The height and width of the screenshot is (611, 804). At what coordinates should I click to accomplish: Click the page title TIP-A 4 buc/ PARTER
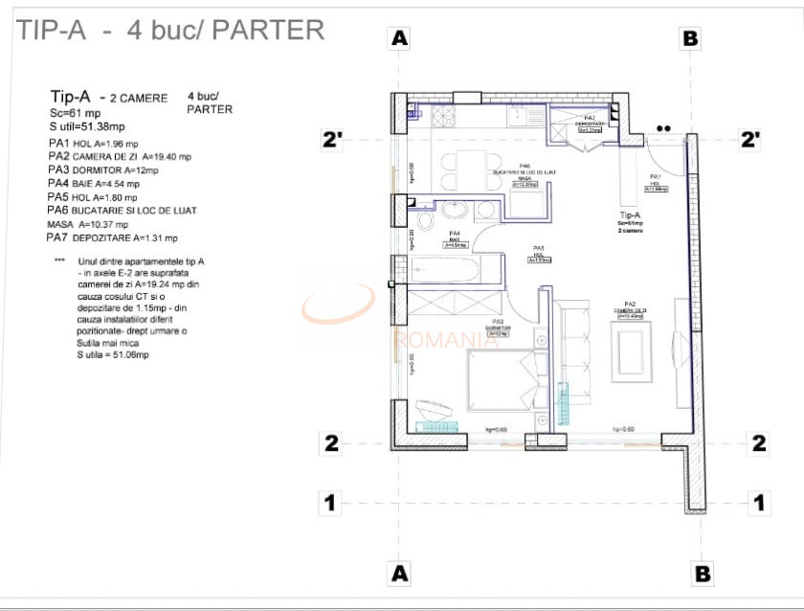pyautogui.click(x=170, y=30)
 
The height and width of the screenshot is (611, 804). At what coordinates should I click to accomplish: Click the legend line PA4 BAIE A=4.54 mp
pyautogui.click(x=94, y=183)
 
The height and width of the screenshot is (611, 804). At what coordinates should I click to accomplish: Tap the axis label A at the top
pyautogui.click(x=400, y=38)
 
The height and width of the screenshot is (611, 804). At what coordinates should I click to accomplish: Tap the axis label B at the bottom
pyautogui.click(x=702, y=573)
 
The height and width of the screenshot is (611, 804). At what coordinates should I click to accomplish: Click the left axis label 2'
pyautogui.click(x=332, y=140)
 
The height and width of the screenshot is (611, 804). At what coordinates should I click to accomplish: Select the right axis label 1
pyautogui.click(x=759, y=502)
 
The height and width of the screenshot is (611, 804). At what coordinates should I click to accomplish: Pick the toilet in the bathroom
pyautogui.click(x=456, y=210)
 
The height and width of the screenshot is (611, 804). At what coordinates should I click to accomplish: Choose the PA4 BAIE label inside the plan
pyautogui.click(x=456, y=238)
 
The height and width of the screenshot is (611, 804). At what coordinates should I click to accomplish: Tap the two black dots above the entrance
pyautogui.click(x=663, y=127)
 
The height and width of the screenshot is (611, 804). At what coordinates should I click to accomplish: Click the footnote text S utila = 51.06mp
pyautogui.click(x=113, y=354)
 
